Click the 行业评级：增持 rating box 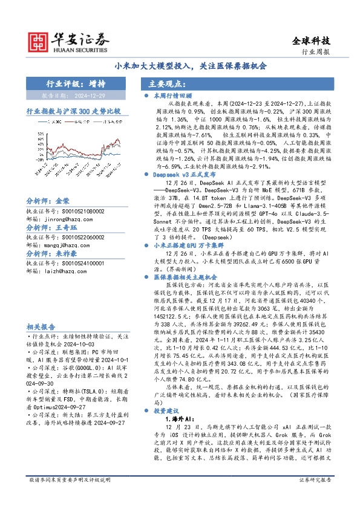click(x=76, y=83)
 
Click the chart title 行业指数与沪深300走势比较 click(x=73, y=112)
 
